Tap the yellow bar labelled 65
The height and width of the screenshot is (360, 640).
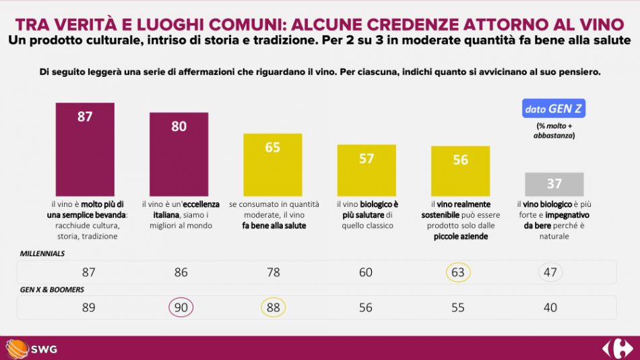[x=272, y=164]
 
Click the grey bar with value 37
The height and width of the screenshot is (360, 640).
[x=554, y=184]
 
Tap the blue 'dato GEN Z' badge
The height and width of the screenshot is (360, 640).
[x=554, y=109]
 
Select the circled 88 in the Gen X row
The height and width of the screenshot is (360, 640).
[x=272, y=307]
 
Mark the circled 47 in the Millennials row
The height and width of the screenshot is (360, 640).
[x=550, y=272]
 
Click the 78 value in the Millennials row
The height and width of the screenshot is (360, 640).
[x=272, y=272]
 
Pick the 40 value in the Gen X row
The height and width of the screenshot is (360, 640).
[x=550, y=307]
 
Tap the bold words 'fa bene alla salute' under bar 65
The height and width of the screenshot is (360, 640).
[x=274, y=226]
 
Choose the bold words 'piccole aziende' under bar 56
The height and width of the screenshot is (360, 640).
[x=460, y=237]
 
